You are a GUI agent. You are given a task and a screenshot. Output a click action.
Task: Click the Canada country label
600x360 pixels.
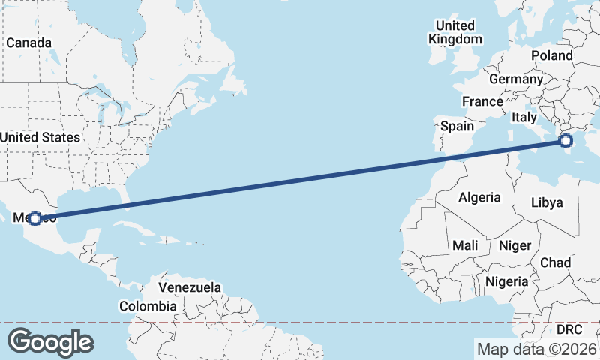click(x=28, y=43)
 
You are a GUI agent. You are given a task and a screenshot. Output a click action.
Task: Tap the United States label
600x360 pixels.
click(x=40, y=137)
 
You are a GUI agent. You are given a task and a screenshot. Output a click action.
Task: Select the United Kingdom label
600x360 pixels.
click(x=455, y=32)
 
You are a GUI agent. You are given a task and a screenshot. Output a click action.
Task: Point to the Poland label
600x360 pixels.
click(x=551, y=55)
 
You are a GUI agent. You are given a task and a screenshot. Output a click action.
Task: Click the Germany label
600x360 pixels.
click(x=515, y=79)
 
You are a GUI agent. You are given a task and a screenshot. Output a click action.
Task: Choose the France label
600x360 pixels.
click(x=482, y=101)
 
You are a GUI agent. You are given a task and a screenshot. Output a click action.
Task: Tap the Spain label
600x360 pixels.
click(x=457, y=126)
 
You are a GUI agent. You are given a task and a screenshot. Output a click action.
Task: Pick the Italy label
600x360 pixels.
click(x=524, y=117)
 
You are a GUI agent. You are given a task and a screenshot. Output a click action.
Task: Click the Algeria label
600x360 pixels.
click(x=479, y=197)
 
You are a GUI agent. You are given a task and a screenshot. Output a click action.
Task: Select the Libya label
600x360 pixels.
click(x=546, y=202)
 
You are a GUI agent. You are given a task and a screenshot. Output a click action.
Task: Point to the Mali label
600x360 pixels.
click(x=465, y=245)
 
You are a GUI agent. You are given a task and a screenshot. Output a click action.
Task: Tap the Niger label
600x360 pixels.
click(x=514, y=245)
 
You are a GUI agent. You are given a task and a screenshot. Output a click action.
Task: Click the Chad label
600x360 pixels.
click(x=555, y=262)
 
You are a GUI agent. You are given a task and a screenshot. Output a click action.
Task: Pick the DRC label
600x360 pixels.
click(x=569, y=329)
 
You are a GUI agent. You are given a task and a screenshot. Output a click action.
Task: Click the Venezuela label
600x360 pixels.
click(x=190, y=287)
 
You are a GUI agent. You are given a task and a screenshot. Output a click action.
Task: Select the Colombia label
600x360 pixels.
click(x=148, y=306)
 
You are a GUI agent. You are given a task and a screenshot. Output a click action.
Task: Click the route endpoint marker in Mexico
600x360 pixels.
click(x=34, y=219)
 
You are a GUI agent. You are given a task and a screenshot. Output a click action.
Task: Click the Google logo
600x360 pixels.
click(x=50, y=342)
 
